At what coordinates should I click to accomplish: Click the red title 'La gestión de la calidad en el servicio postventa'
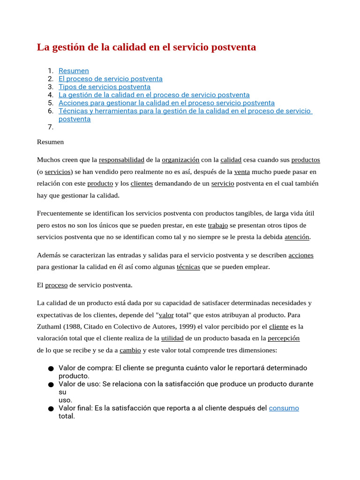pyautogui.click(x=146, y=47)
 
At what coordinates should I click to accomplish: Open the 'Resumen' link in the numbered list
pyautogui.click(x=74, y=71)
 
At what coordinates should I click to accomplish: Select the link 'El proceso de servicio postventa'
pyautogui.click(x=110, y=79)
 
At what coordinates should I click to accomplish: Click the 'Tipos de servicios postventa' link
pyautogui.click(x=105, y=87)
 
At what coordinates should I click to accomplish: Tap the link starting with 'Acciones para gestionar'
pyautogui.click(x=166, y=103)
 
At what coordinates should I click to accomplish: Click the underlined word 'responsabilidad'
pyautogui.click(x=121, y=160)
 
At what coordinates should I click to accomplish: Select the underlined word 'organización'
pyautogui.click(x=180, y=160)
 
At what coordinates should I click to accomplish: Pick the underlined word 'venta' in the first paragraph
pyautogui.click(x=242, y=172)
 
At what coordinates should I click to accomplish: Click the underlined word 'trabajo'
pyautogui.click(x=217, y=225)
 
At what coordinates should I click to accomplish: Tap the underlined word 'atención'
pyautogui.click(x=297, y=237)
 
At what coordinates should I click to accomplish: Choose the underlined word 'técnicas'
pyautogui.click(x=188, y=267)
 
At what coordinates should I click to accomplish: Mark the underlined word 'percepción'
pyautogui.click(x=284, y=338)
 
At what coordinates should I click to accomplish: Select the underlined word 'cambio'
pyautogui.click(x=130, y=350)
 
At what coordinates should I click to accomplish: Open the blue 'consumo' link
pyautogui.click(x=284, y=408)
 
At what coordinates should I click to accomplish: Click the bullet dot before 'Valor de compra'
pyautogui.click(x=51, y=368)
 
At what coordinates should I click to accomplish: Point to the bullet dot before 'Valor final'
pyautogui.click(x=51, y=409)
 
